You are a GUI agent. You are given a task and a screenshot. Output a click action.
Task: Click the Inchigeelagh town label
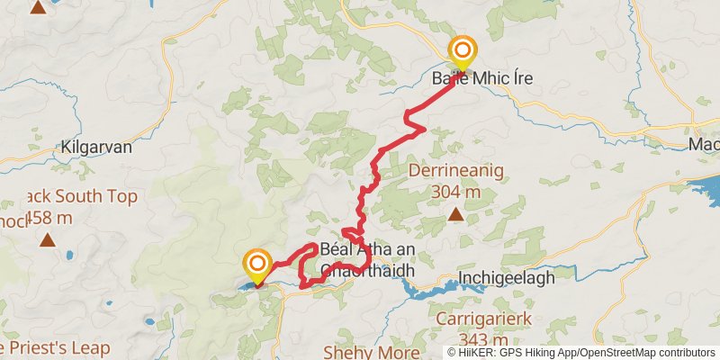(506, 277)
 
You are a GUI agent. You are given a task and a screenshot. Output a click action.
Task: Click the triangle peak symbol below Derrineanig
(456, 214)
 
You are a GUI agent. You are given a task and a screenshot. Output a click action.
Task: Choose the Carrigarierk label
(484, 319)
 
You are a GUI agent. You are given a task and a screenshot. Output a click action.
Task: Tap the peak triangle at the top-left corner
(38, 7)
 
